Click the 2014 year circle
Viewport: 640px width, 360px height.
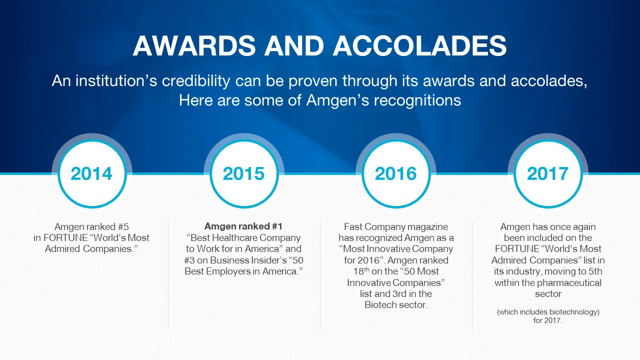click(92, 173)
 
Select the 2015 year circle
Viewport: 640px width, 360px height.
click(244, 173)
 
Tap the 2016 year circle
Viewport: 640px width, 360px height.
click(396, 173)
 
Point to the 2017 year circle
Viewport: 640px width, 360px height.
click(548, 173)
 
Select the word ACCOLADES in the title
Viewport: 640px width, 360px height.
click(420, 45)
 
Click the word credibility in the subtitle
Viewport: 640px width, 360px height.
click(196, 81)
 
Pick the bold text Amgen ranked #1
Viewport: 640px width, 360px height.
click(243, 226)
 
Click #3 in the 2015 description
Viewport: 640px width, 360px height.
click(190, 260)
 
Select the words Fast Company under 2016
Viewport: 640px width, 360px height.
click(375, 227)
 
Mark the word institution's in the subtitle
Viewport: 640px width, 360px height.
click(116, 81)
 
